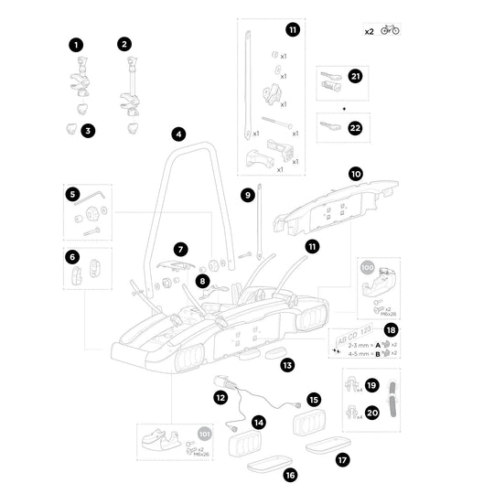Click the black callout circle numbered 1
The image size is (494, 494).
[x=76, y=43]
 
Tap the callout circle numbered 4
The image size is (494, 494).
[x=179, y=134]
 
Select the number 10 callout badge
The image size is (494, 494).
[x=356, y=172]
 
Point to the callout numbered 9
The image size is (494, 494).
[x=247, y=194]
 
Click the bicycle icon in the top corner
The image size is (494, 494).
[x=390, y=30]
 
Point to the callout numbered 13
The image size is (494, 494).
[x=287, y=365]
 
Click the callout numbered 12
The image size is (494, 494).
[x=220, y=397]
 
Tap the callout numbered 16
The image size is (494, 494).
[x=290, y=475]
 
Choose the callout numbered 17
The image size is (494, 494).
[x=342, y=460]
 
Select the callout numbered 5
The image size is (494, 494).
[x=72, y=194]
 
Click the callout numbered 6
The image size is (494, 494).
[x=72, y=257]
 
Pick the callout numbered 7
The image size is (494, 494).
[x=181, y=248]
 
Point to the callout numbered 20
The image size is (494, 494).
[x=371, y=413]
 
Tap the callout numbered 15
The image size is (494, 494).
[x=313, y=400]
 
